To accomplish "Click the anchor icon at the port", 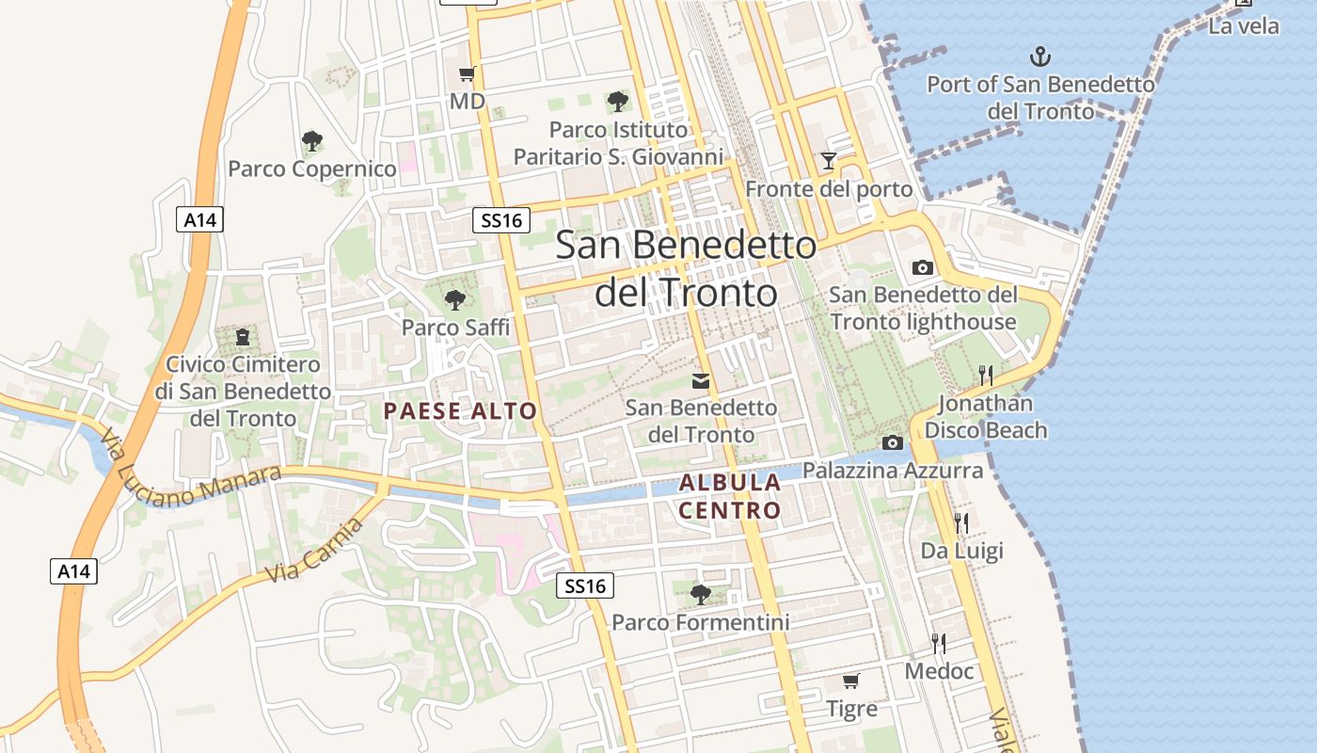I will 1039,56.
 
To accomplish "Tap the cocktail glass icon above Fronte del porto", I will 828,161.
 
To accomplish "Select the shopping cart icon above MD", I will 467,73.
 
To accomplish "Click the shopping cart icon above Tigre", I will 850,681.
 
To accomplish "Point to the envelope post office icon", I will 701,380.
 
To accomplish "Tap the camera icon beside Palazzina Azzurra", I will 892,442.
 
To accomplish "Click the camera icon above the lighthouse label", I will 923,267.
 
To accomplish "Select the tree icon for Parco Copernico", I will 312,141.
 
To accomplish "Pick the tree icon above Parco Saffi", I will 455,299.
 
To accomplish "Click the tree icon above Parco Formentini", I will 700,594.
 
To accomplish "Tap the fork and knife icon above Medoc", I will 939,644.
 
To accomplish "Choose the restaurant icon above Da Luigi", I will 960,523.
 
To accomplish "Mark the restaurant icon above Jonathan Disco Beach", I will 985,376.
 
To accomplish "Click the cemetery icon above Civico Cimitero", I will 243,336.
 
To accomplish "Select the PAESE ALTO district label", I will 460,410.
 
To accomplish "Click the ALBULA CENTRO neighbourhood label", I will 730,496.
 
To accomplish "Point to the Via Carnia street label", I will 314,551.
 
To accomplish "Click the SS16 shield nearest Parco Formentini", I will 584,585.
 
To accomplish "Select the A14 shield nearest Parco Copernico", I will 199,220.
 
